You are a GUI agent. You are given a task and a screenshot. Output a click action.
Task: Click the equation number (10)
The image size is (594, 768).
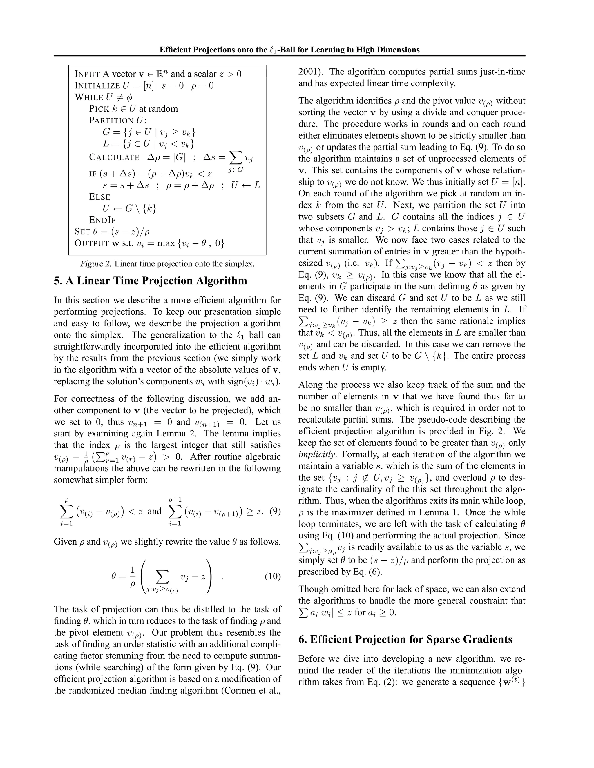pos(272,576)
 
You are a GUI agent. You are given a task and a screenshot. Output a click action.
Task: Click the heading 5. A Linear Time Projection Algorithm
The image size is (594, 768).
pos(150,281)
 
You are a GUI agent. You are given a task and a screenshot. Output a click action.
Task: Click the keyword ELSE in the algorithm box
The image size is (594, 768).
pos(99,197)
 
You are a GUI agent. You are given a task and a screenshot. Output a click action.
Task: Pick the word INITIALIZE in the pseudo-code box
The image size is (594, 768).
pos(97,86)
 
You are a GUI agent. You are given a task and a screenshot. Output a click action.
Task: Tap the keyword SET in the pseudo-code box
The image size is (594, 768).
pos(82,232)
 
